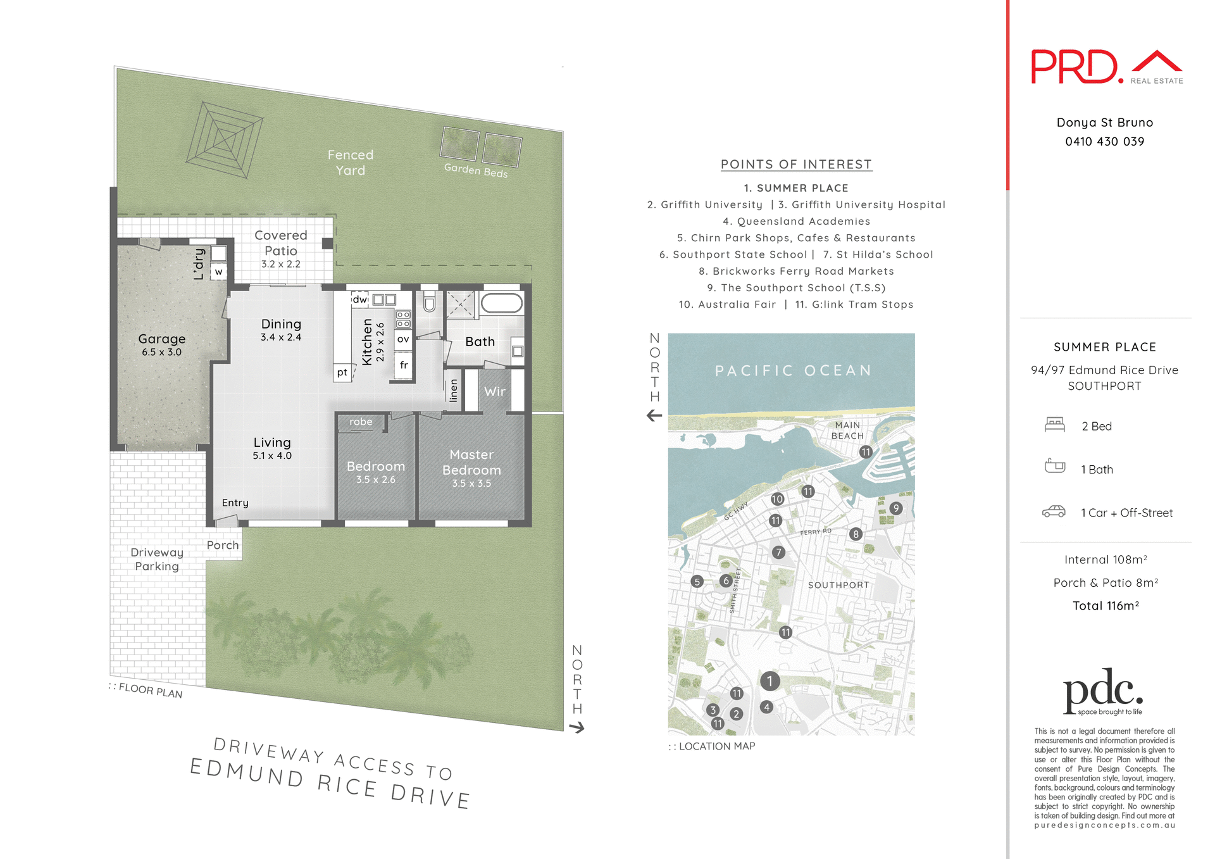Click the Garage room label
[162, 339]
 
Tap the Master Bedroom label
[471, 463]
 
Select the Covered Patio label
[280, 243]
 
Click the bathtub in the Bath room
[502, 303]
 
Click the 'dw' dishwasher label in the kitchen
[359, 299]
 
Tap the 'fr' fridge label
[404, 365]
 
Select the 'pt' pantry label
[342, 372]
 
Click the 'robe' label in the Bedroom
[361, 422]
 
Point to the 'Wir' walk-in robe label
[494, 392]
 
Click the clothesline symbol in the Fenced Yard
[225, 139]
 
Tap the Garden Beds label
[476, 170]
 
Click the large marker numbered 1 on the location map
[769, 681]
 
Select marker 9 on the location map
[895, 508]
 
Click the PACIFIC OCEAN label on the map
[793, 370]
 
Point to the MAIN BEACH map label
[847, 430]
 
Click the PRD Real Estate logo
[1106, 67]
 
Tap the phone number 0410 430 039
[1104, 142]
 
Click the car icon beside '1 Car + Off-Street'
[1054, 511]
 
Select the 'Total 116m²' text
[1106, 606]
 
